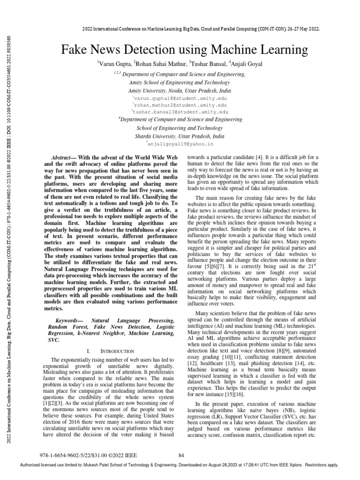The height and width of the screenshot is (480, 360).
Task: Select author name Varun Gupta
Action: (114, 63)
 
